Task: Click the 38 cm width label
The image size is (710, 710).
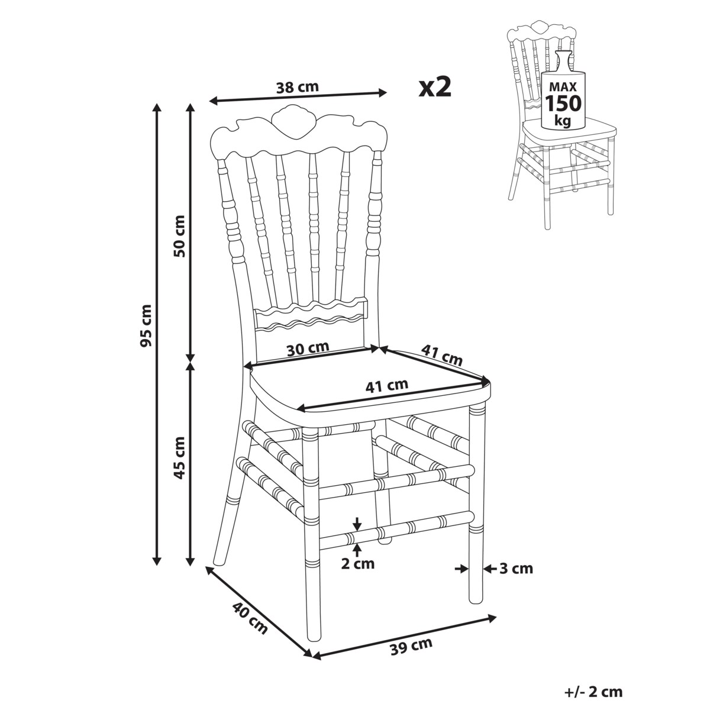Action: click(x=297, y=87)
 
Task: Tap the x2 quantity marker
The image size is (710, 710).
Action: click(x=435, y=87)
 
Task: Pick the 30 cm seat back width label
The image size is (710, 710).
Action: click(x=307, y=348)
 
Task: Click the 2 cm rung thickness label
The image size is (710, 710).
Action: click(x=357, y=563)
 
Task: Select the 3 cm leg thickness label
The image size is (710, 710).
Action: click(x=516, y=569)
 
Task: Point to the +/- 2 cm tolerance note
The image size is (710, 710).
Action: click(x=593, y=692)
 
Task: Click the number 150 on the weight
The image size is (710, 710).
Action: click(x=563, y=103)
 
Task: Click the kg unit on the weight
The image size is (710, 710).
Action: click(x=563, y=120)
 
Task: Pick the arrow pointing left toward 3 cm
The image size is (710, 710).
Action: click(x=490, y=569)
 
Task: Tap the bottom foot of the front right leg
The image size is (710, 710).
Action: click(x=476, y=598)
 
